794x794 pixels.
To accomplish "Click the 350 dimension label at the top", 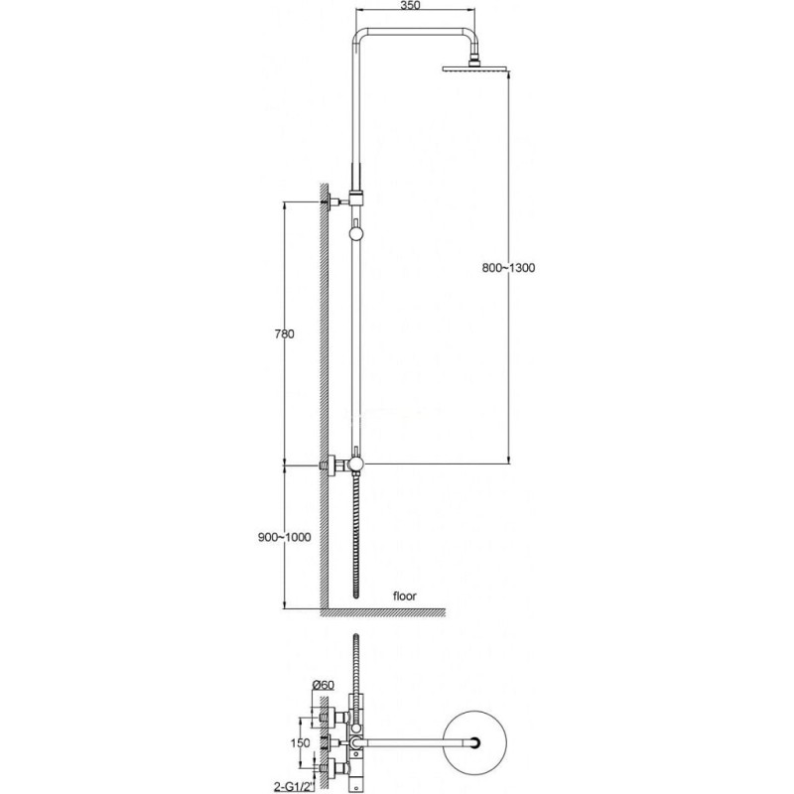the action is pos(410,6).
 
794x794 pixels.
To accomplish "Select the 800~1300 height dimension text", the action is pos(508,267).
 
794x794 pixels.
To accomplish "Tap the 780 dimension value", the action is pos(284,333).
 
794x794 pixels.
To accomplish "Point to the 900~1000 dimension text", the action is pos(285,537).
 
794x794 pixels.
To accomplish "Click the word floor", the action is pos(405,596).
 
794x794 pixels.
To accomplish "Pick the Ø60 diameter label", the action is pos(324,685).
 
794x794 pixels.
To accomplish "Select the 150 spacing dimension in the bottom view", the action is pos(300,742).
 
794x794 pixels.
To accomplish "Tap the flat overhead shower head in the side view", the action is pos(475,68).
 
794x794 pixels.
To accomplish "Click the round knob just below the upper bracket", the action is pos(356,233).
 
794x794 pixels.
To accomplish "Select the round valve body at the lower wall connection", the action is pos(357,463).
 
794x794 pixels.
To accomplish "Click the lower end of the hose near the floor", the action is pos(356,594).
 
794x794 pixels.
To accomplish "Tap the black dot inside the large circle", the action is pos(475,742).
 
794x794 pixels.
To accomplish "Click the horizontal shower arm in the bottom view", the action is pos(415,742).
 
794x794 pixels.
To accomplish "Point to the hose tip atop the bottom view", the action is pos(356,636).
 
